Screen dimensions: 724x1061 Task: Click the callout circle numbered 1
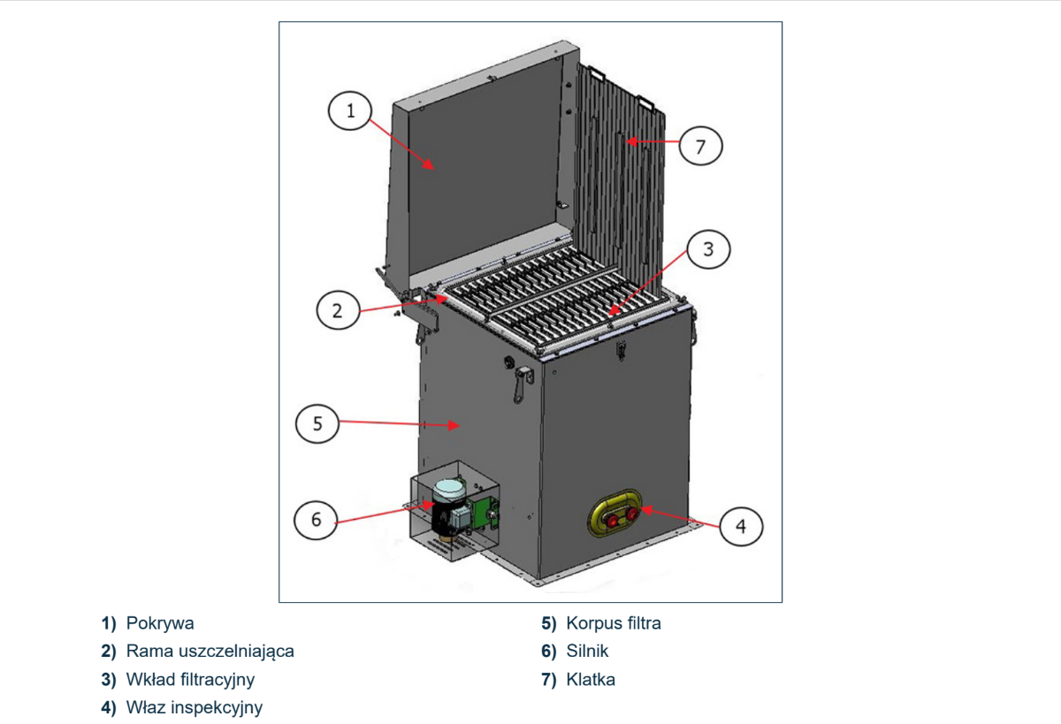tap(350, 111)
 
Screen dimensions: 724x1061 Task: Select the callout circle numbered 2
tap(337, 310)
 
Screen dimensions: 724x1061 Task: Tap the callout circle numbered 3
tap(707, 250)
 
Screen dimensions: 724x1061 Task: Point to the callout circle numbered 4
tap(741, 527)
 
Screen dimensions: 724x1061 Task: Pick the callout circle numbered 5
tap(317, 423)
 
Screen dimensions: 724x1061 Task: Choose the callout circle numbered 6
tap(317, 519)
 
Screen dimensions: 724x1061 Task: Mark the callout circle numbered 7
tap(700, 147)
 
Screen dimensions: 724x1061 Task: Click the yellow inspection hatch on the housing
tap(617, 515)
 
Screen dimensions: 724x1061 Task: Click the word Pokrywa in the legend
tap(160, 623)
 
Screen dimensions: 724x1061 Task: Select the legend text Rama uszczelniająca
tap(210, 652)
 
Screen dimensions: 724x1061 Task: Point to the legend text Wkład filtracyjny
tap(190, 680)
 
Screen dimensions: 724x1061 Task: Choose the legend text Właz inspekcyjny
tap(194, 707)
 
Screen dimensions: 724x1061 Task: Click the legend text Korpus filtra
tap(613, 623)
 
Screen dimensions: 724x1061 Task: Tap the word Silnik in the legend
tap(587, 652)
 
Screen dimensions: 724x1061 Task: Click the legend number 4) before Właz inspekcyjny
tap(108, 707)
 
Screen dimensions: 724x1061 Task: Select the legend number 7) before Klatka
tap(549, 680)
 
